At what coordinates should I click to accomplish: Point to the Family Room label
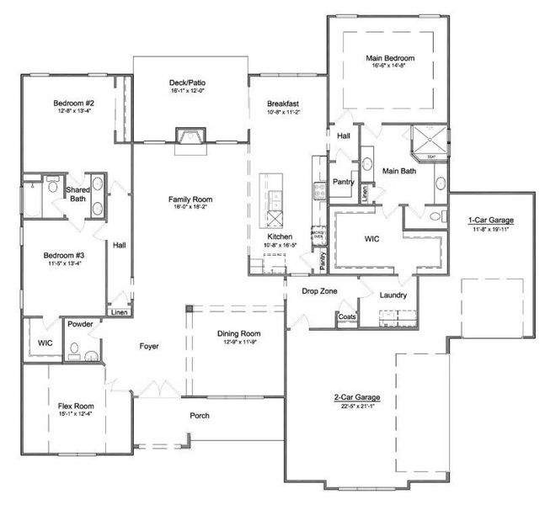(190, 199)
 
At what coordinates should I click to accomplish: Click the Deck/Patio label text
(187, 82)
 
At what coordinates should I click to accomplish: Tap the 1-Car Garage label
(490, 221)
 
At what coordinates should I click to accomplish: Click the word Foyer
(149, 346)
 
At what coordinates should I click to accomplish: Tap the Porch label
(200, 416)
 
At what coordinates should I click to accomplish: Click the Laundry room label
(393, 295)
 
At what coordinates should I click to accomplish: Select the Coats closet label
(346, 316)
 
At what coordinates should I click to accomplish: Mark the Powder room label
(80, 323)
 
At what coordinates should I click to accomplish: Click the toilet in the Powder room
(74, 348)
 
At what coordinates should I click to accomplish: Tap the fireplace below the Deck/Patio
(187, 136)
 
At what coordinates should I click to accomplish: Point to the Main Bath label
(399, 171)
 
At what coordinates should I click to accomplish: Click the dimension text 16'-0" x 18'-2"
(190, 207)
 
